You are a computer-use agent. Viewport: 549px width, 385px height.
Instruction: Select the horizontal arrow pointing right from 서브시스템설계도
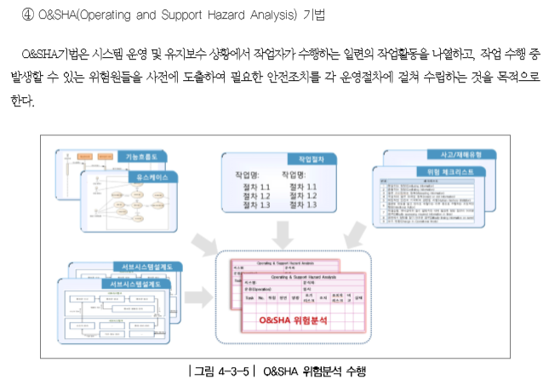(199, 298)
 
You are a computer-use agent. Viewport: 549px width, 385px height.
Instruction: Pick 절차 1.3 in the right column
(303, 205)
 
